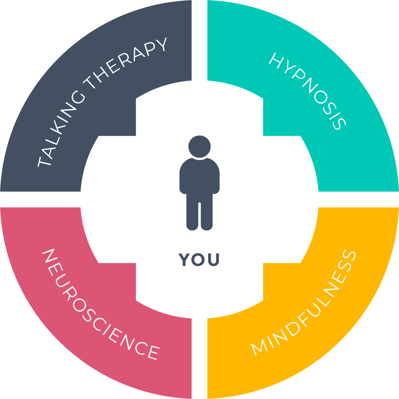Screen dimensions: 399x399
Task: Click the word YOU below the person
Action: [x=199, y=260]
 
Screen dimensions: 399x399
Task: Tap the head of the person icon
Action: [x=199, y=146]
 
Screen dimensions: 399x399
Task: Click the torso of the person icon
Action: [x=199, y=176]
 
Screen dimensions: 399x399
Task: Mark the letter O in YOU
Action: [x=199, y=260]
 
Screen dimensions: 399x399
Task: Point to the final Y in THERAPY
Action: [x=160, y=45]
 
